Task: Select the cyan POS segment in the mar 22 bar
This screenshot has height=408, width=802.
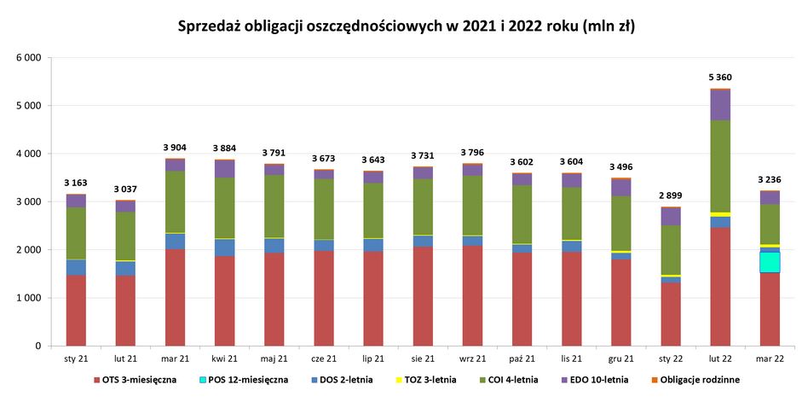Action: coord(770,262)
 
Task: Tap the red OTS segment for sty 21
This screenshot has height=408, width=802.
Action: coord(76,311)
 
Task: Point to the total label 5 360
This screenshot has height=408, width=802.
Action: coord(720,78)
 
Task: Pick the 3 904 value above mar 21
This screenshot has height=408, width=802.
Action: coord(175,148)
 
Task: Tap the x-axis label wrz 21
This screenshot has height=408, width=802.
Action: coord(472,358)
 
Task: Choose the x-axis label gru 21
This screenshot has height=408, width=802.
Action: coord(621,358)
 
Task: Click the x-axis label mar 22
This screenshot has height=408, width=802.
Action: coord(770,358)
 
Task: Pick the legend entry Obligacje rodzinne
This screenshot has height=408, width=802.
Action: coord(700,380)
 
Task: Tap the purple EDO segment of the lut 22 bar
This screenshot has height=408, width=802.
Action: coord(720,105)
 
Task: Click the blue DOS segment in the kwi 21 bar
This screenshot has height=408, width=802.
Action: coord(225,248)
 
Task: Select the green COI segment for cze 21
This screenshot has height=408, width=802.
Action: coord(324,209)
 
